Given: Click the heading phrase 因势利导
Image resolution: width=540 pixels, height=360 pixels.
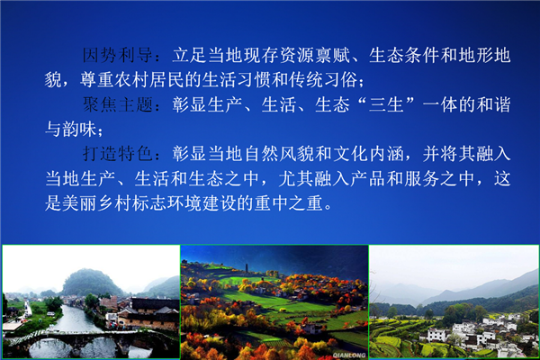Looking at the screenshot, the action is coord(117,55).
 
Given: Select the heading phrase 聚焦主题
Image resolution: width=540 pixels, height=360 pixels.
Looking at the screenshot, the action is coord(117,104).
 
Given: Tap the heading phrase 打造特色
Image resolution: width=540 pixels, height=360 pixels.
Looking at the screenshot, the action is coord(117,154).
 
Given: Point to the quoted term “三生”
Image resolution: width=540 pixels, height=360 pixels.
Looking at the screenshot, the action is coord(386,104).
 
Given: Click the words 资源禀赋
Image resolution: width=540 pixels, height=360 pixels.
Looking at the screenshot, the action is coord(315,55).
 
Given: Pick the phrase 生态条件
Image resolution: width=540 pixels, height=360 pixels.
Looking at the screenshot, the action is coord(404,55).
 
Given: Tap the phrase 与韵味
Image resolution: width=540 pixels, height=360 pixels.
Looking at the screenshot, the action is coord(71,130).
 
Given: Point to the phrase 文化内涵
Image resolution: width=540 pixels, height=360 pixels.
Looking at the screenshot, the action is coord(368,154).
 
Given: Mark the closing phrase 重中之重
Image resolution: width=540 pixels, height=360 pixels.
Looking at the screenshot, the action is coord(289,203).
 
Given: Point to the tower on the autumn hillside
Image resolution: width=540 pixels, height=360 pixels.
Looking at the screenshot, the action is coord(247,268).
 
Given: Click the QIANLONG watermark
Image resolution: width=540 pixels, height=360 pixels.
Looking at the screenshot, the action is coord(349,355).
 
